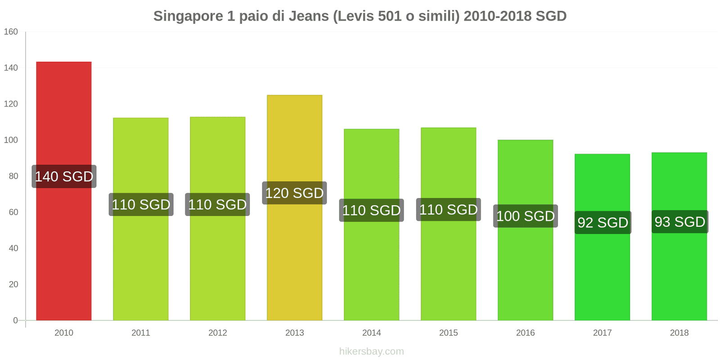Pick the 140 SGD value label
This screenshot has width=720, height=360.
pos(64,176)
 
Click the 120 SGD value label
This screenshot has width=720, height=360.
pos(294,193)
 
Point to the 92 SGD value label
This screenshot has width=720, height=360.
pos(603,223)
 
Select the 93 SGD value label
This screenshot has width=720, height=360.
pos(679,222)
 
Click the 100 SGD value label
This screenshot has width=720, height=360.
pos(525,216)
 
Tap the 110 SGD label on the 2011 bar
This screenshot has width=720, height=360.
pos(141,205)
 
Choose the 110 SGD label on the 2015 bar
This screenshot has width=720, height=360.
pos(448,210)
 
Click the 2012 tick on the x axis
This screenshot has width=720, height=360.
pos(217,333)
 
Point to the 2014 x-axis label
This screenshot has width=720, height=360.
pos(371,333)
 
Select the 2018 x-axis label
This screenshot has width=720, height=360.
pos(679,333)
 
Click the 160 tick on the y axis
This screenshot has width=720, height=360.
pos(11,31)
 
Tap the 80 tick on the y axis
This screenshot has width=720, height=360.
pos(13,176)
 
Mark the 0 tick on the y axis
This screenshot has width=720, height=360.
pos(15,320)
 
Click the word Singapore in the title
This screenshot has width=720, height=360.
pos(188,16)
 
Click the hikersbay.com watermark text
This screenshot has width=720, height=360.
pos(371,351)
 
